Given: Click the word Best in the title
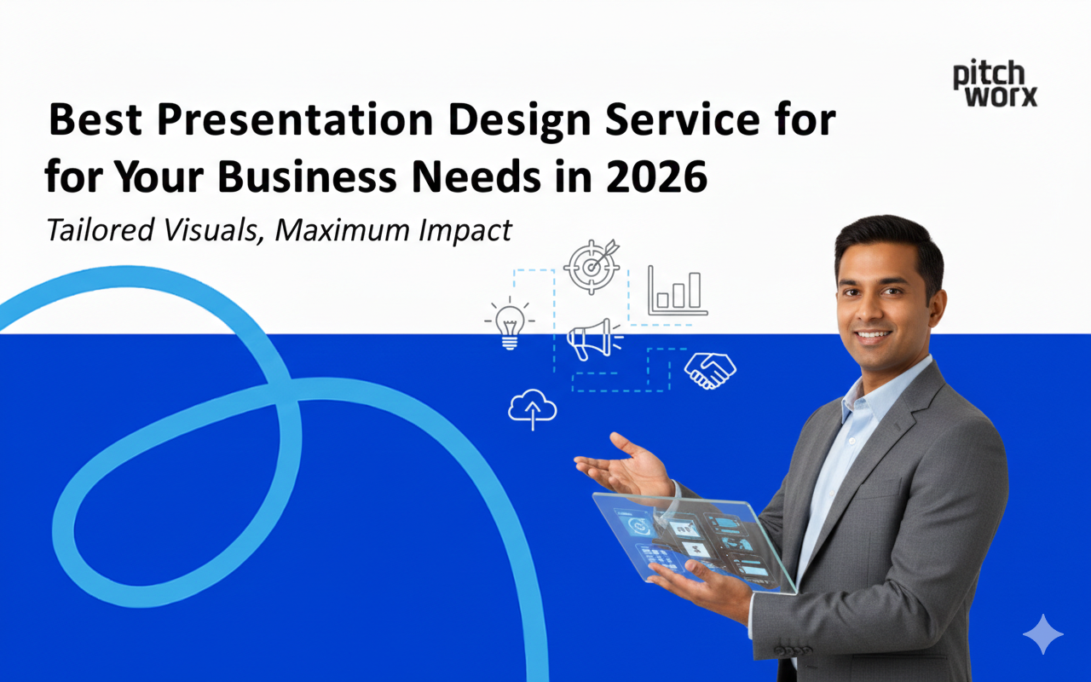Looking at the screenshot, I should (x=96, y=121).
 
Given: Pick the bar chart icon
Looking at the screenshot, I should (x=678, y=290).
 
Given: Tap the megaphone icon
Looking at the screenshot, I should (x=592, y=340).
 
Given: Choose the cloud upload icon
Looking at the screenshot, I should (x=533, y=409).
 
